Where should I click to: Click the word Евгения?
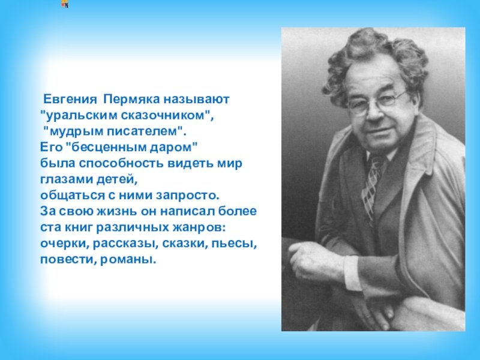tap(70, 99)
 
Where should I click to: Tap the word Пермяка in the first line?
tap(132, 99)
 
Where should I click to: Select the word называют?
tap(197, 99)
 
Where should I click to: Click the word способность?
tap(122, 163)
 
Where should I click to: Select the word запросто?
tap(188, 196)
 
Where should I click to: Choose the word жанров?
tap(200, 227)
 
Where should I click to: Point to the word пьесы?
tap(235, 244)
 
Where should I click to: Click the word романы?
tap(128, 260)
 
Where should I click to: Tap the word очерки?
tap(65, 244)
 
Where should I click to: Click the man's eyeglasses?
tap(377, 103)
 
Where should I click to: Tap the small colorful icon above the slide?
tap(65, 4)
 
